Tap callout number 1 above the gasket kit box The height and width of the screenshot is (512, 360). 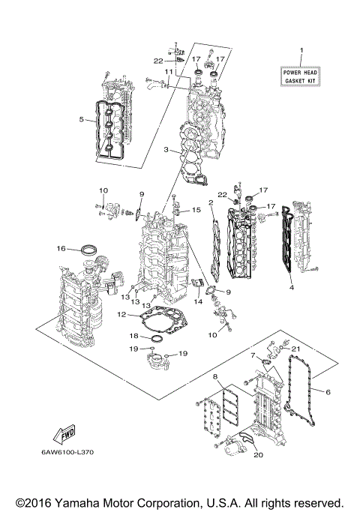click(301, 51)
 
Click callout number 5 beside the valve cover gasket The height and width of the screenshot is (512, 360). click(81, 118)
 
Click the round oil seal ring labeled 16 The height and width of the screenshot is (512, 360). click(88, 248)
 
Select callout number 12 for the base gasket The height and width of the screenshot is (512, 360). click(121, 315)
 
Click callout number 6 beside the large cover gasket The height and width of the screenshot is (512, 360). click(328, 390)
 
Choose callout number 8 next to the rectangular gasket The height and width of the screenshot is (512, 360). click(214, 376)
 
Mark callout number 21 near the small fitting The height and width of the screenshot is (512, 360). click(295, 349)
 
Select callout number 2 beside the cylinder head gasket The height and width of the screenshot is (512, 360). click(211, 202)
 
